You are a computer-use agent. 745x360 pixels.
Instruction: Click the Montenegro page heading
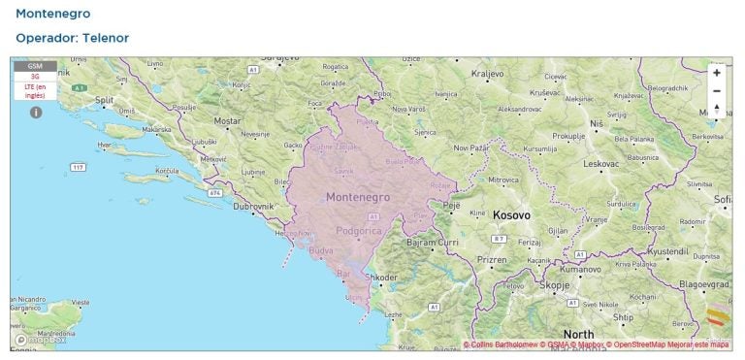point(52,15)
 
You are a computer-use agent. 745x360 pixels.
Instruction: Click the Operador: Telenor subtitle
point(72,38)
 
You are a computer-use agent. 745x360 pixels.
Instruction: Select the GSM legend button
point(35,66)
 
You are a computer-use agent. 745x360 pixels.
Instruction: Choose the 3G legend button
point(35,76)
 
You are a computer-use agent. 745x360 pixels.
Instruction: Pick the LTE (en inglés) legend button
point(35,91)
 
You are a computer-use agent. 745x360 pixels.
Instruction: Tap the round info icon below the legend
point(36,113)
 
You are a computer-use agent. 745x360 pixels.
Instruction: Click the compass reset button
point(717,110)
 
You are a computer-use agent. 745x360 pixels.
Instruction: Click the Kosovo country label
point(511,214)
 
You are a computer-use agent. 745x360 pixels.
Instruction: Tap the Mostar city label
point(227,121)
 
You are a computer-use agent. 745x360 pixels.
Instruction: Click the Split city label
point(106,100)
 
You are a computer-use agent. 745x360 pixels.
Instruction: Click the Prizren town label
point(492,260)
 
